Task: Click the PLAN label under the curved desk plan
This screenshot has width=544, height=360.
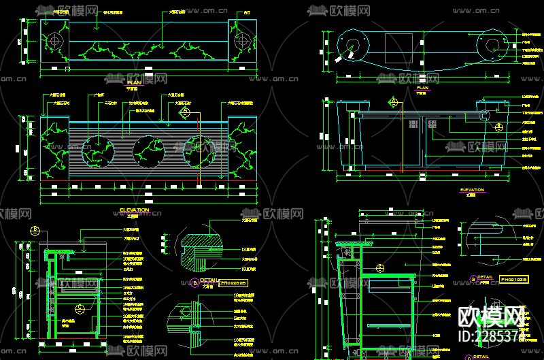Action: tap(422, 88)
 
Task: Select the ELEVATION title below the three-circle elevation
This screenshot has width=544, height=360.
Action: tap(134, 210)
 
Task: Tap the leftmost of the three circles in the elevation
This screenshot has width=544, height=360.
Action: tap(97, 152)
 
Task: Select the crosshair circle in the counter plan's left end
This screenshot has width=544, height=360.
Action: tap(54, 40)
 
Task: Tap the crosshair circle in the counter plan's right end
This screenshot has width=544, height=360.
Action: tap(240, 42)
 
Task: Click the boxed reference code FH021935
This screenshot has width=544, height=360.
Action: tap(515, 278)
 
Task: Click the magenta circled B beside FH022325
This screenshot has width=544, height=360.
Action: tap(195, 281)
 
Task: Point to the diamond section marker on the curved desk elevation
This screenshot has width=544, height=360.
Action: tap(393, 103)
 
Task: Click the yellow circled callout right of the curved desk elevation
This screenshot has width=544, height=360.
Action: tap(499, 127)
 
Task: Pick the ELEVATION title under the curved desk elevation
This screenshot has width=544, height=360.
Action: tap(472, 190)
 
